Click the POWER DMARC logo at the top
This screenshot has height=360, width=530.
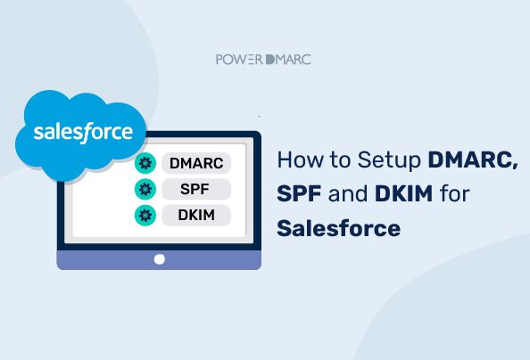click(x=263, y=60)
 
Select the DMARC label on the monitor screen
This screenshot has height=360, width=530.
click(x=195, y=163)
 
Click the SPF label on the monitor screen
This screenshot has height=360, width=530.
click(x=195, y=189)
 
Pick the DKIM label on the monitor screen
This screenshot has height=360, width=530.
click(x=195, y=215)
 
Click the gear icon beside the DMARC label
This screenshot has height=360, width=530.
click(x=144, y=163)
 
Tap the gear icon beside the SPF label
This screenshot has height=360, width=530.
click(x=144, y=189)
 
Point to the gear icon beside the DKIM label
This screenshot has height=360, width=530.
click(x=144, y=215)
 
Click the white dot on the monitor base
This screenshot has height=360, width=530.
click(x=160, y=259)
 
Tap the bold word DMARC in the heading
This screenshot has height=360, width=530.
click(x=473, y=161)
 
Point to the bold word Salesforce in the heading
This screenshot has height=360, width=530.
click(x=338, y=228)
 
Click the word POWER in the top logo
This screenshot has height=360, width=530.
click(x=238, y=60)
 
